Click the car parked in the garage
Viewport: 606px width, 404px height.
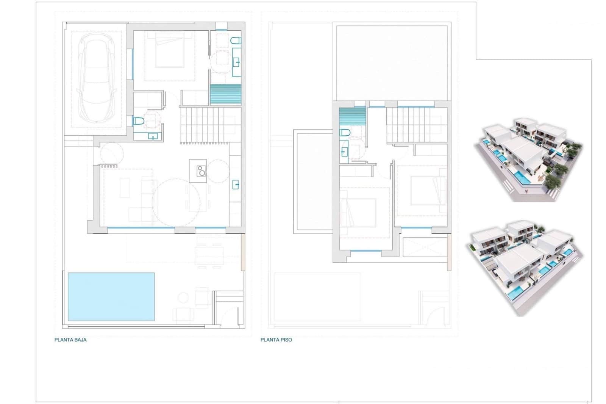(x=96, y=78)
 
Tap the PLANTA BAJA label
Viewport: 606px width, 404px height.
(x=70, y=340)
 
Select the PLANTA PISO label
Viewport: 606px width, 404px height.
(x=276, y=340)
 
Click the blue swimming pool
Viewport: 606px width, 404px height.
(x=111, y=296)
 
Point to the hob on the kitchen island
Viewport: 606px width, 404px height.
(x=201, y=171)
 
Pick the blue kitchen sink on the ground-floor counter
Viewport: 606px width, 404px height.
(x=236, y=185)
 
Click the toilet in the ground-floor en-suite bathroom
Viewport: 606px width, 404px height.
(x=236, y=41)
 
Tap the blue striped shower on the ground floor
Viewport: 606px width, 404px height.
(x=225, y=94)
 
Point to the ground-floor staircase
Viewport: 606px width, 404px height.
(x=205, y=125)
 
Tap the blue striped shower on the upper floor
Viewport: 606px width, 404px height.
(x=352, y=116)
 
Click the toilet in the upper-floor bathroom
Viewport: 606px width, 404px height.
(x=345, y=133)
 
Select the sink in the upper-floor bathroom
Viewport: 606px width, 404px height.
(x=344, y=152)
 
